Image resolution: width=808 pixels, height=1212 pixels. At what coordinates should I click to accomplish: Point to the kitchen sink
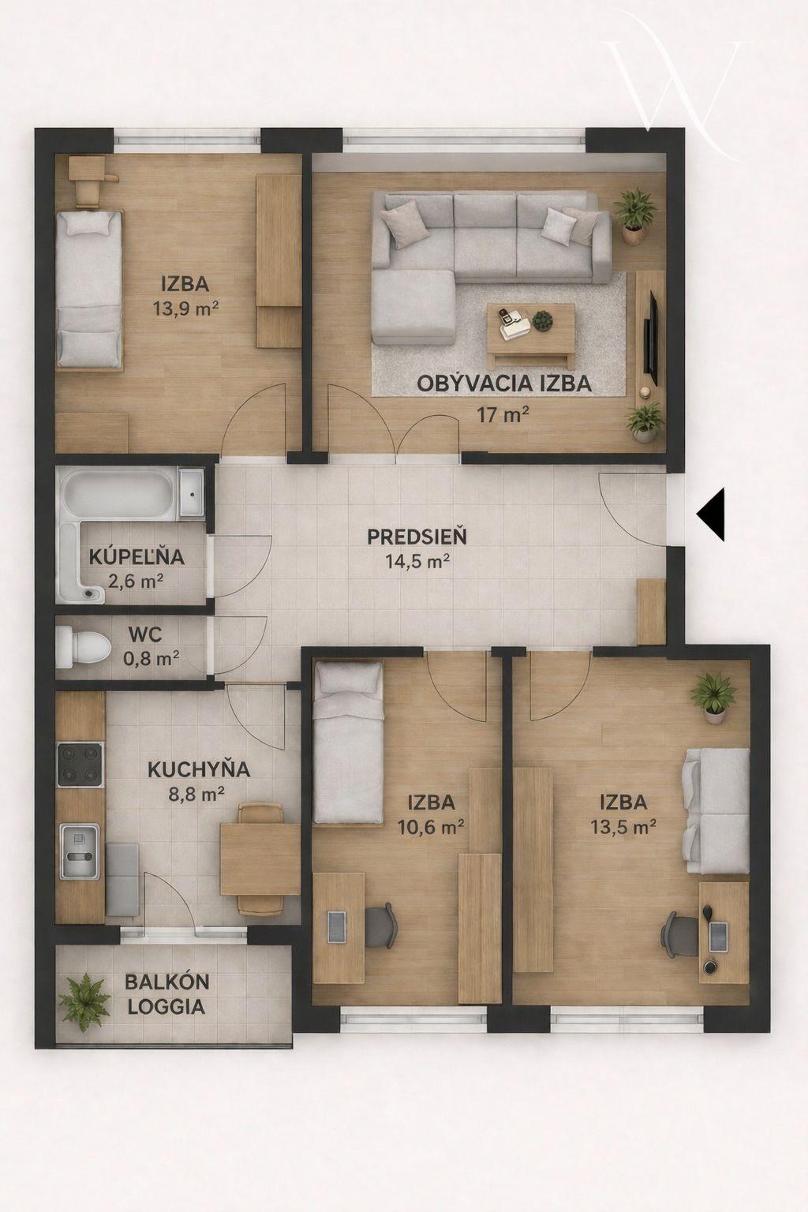[x=80, y=851]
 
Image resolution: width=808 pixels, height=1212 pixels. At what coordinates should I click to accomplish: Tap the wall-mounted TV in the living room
[x=651, y=338]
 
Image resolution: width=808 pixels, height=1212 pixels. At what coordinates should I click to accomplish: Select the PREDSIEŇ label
[x=417, y=537]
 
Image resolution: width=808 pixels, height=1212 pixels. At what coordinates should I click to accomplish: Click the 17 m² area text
[x=502, y=415]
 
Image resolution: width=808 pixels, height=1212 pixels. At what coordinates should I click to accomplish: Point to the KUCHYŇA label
[x=199, y=769]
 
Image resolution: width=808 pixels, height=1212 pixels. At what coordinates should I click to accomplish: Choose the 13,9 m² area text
[x=185, y=309]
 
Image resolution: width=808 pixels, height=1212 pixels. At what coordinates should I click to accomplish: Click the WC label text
[x=145, y=634]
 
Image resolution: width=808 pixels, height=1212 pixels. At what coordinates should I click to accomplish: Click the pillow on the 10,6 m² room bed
[x=349, y=679]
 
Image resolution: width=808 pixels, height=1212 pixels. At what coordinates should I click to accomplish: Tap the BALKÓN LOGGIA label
[x=166, y=994]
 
